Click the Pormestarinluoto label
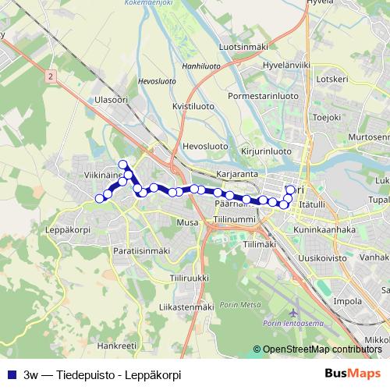(263, 96)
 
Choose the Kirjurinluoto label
(266, 151)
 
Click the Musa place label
(188, 222)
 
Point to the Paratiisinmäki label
(141, 250)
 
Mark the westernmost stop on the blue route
(99, 199)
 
